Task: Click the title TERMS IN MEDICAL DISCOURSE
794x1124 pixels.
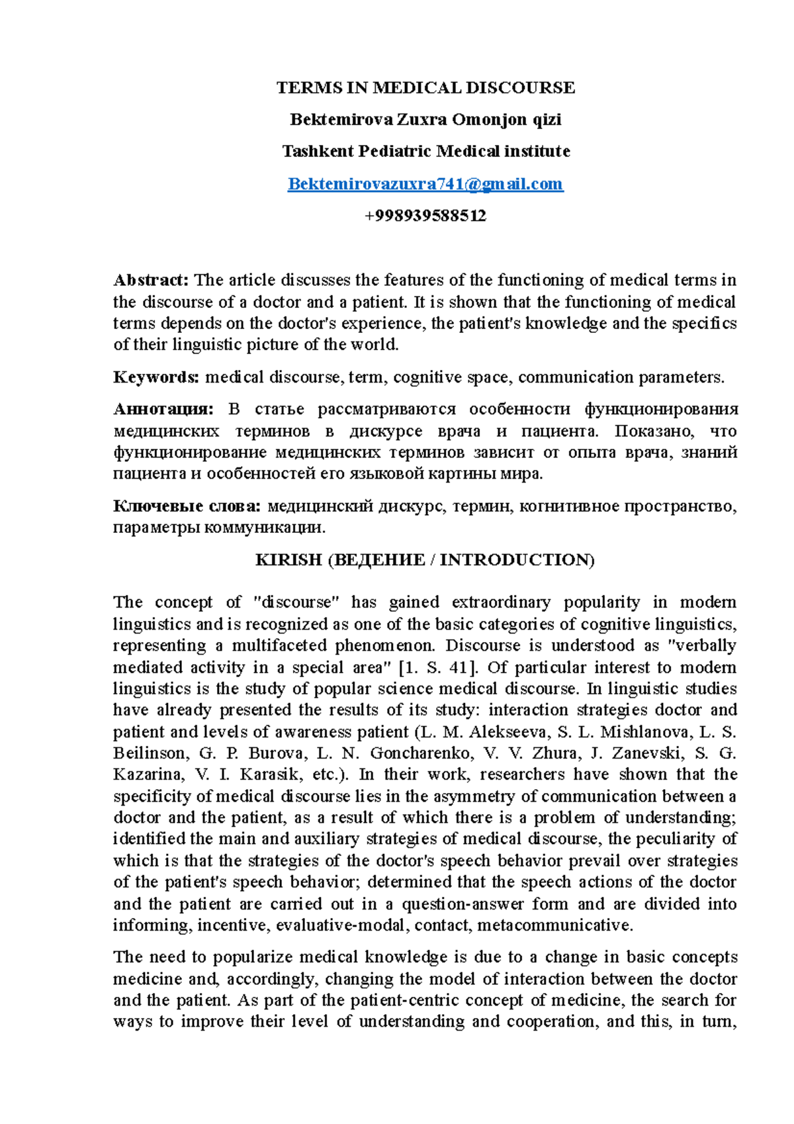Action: click(x=425, y=87)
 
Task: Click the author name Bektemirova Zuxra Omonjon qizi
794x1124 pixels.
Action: click(x=425, y=120)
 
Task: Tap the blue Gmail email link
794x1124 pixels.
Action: click(x=425, y=184)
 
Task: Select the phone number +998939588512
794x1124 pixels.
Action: click(x=425, y=216)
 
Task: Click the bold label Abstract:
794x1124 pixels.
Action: click(x=152, y=280)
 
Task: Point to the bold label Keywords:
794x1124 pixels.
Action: click(x=156, y=377)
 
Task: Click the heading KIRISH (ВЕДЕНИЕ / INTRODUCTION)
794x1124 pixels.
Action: click(x=425, y=560)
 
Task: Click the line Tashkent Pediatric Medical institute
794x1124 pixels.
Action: click(x=425, y=152)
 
